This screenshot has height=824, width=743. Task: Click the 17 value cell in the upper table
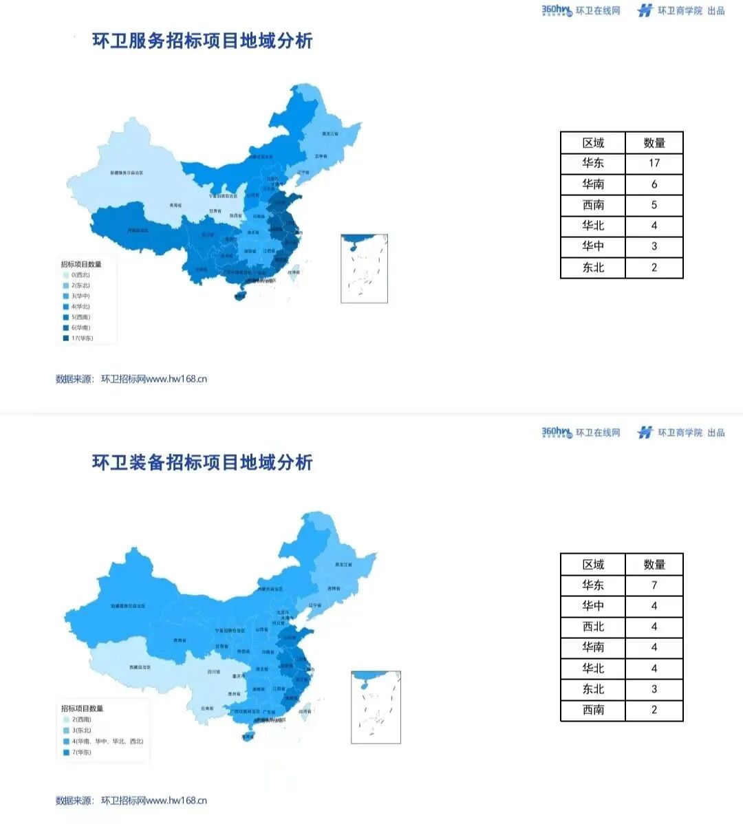(654, 163)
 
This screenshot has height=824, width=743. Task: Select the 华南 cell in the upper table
(593, 184)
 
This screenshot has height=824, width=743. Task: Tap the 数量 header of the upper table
(654, 142)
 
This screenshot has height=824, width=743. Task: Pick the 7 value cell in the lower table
(654, 585)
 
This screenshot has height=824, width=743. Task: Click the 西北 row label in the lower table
(593, 627)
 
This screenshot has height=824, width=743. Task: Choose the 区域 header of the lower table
(593, 565)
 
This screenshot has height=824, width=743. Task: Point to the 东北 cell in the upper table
(593, 268)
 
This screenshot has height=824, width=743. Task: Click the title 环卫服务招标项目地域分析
(202, 41)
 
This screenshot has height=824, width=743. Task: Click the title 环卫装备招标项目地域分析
(202, 462)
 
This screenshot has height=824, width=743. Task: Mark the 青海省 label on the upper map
(176, 205)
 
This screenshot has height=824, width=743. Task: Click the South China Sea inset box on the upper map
(365, 268)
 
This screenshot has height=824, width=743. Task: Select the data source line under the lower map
(131, 801)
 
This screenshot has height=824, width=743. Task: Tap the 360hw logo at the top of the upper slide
(557, 10)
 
